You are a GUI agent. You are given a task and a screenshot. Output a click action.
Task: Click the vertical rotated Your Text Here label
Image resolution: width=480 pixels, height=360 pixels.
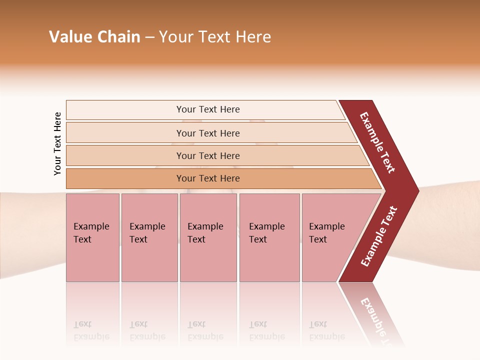point(57,143)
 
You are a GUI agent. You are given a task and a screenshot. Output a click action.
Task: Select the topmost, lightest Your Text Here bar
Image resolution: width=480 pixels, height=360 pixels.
point(207,109)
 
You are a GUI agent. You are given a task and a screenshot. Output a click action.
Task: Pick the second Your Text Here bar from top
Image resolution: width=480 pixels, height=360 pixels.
point(207,133)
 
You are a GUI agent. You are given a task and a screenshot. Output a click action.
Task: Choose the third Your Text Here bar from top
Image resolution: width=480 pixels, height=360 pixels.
point(207,155)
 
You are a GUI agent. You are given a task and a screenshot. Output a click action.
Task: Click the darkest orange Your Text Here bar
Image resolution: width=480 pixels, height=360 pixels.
point(207,178)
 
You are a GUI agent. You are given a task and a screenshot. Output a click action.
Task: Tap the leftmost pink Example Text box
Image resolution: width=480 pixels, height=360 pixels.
point(92,237)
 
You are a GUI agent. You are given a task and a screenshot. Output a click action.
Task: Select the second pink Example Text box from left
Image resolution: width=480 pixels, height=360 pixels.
point(149,237)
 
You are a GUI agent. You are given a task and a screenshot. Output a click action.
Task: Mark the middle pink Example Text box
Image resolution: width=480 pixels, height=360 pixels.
point(208,237)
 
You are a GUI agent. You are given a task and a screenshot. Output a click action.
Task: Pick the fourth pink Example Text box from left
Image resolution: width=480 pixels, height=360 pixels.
point(269,237)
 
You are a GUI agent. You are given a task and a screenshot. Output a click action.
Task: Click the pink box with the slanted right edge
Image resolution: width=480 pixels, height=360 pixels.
point(330,237)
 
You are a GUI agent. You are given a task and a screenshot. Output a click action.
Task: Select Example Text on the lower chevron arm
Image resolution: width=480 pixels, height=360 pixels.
point(379,236)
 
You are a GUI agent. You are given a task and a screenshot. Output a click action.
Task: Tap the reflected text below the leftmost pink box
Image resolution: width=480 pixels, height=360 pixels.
point(91,330)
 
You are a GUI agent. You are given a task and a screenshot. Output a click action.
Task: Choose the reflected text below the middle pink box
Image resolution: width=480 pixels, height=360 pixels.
point(205,330)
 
